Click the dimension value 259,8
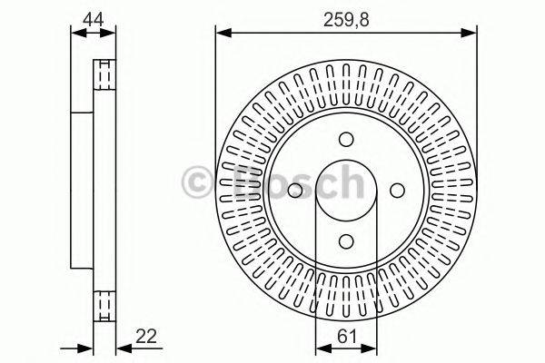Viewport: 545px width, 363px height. [346, 20]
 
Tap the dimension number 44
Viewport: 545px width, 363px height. [93, 19]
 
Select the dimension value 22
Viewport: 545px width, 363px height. [146, 336]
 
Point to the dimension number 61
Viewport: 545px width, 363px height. [347, 337]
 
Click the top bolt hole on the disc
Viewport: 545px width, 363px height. [346, 139]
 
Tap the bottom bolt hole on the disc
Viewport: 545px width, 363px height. [346, 241]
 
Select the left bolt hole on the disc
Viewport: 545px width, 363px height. [295, 191]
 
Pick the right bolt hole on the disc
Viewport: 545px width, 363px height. [397, 191]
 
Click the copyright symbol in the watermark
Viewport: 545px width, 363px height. [197, 182]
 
